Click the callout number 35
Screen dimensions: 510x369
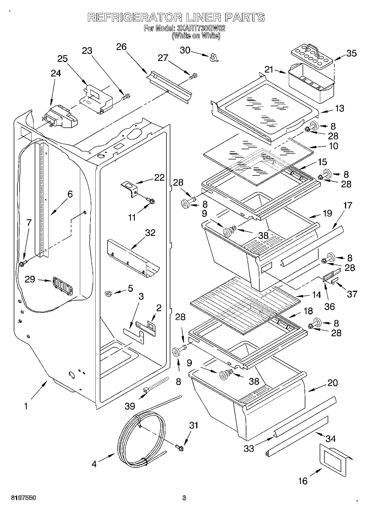[x=351, y=53]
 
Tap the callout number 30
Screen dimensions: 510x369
[x=185, y=50]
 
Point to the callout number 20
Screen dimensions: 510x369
[x=333, y=383]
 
